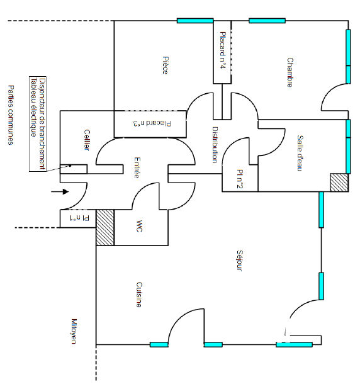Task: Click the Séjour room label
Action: (x=240, y=261)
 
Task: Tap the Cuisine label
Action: (x=139, y=295)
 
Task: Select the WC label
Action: (x=139, y=226)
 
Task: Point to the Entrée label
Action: (x=137, y=167)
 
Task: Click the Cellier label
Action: (x=87, y=140)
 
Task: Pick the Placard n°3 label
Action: (x=152, y=123)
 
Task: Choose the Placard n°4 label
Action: (x=223, y=50)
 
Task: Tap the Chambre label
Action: (x=290, y=72)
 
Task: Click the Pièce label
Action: (x=166, y=65)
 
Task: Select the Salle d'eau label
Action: (x=300, y=153)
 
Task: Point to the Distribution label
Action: (x=215, y=145)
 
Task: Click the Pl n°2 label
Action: (x=240, y=179)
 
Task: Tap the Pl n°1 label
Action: (x=79, y=218)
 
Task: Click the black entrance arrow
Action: (x=60, y=191)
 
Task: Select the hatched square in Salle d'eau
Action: (x=339, y=183)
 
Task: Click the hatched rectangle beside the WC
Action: (x=105, y=227)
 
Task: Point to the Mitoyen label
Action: (x=74, y=331)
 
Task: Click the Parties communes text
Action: (x=11, y=115)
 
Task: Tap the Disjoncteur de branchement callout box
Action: (x=38, y=124)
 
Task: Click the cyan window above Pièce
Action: (x=195, y=21)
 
